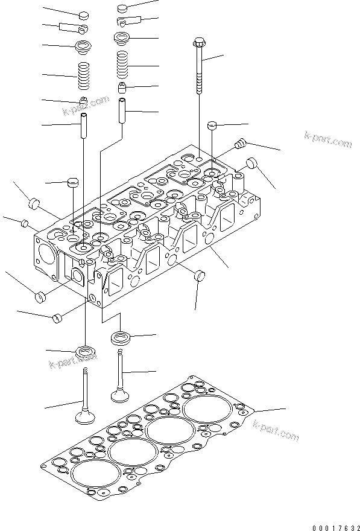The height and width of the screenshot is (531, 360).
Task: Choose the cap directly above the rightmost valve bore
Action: tap(212, 126)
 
